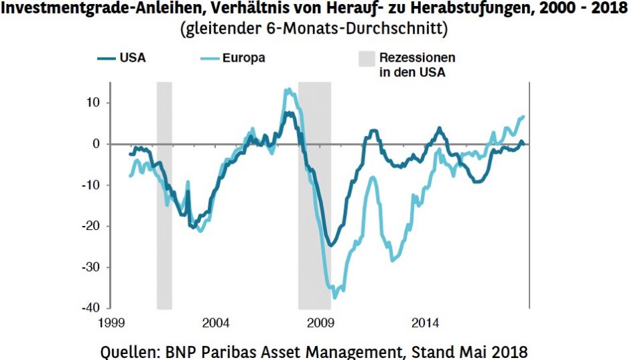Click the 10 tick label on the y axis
[92, 103]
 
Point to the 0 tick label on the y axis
[96, 143]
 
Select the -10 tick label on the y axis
[90, 184]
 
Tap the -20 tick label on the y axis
[90, 226]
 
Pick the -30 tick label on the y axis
[90, 267]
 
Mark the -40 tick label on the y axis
[90, 308]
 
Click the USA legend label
[132, 58]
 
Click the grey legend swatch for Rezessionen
[365, 59]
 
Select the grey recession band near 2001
[164, 194]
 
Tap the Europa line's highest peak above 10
[288, 89]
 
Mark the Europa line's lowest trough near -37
[335, 297]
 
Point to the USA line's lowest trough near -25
[330, 245]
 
